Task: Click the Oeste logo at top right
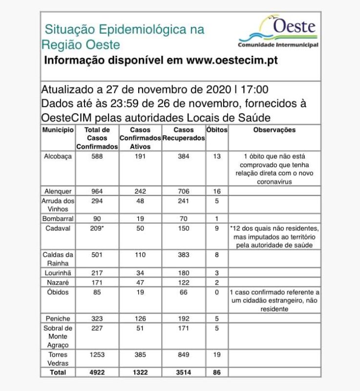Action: [x=278, y=32]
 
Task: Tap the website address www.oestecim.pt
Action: [x=232, y=61]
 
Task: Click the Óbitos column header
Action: [x=217, y=130]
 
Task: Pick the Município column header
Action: [x=58, y=130]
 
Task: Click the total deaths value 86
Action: [x=217, y=372]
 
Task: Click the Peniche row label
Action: [x=58, y=318]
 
